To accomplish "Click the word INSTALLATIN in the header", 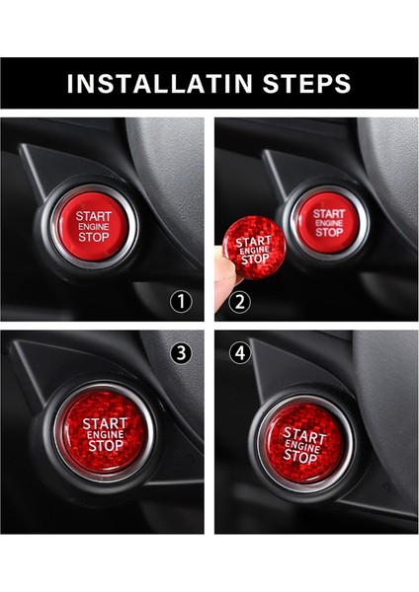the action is (160, 84).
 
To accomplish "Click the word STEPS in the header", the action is (307, 84).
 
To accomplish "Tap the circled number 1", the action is (181, 302).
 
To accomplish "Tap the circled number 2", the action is (240, 302).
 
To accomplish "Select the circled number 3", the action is (181, 353).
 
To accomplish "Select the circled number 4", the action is (240, 353).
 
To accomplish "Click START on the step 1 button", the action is (94, 216).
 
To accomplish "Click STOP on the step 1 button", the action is (94, 237).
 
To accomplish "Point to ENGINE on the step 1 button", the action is (94, 227).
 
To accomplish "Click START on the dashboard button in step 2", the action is (329, 214).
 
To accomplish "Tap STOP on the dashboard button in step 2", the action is (329, 232).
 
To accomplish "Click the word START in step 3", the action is (105, 423).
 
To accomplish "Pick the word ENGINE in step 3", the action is (106, 434).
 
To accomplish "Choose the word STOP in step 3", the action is (106, 446).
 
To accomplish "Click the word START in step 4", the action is (304, 436).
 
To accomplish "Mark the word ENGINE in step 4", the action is (302, 447).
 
